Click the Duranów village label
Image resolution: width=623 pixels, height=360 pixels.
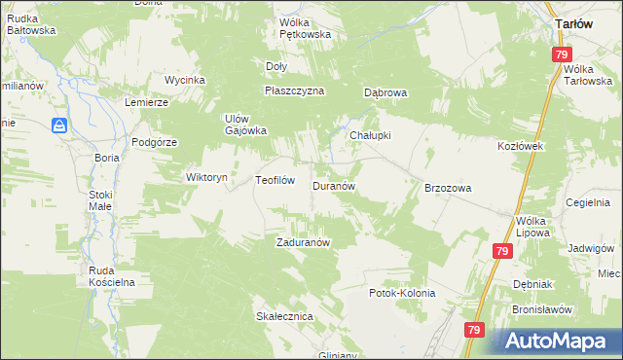338,185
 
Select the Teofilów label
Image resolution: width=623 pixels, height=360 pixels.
275,180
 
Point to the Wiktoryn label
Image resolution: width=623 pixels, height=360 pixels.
206,178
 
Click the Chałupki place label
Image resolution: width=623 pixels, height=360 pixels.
370,136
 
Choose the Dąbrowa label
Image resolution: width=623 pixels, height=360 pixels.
385,93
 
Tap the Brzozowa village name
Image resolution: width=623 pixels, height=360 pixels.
448,188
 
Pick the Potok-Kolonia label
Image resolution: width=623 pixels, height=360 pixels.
401,293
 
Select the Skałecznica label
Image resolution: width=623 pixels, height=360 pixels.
283,317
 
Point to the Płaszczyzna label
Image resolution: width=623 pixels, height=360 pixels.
294,90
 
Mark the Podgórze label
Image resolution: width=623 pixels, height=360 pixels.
155,142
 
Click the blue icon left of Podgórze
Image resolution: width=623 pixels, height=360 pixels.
59,126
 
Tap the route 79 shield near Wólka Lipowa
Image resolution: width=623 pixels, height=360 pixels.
501,251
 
